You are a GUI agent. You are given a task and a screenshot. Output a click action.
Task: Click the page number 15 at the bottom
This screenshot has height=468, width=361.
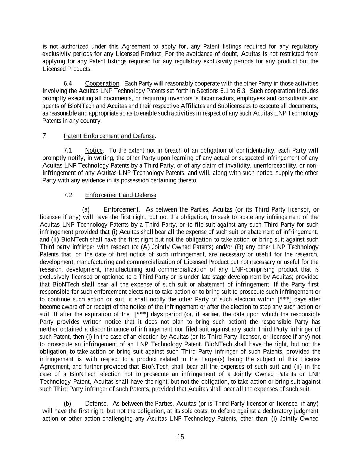click(180, 437)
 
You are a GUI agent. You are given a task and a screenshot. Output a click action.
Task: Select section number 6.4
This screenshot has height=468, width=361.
click(68, 84)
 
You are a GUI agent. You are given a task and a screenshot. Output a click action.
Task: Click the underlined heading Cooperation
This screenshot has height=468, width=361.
click(102, 84)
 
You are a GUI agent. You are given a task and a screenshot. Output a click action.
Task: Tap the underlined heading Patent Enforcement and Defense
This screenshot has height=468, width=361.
click(109, 136)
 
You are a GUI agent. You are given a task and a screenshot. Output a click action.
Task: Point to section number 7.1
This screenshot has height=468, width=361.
click(68, 151)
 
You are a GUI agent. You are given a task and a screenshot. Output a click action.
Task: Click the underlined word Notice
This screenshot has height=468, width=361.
click(93, 151)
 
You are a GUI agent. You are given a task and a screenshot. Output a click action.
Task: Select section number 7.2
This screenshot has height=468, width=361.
click(68, 195)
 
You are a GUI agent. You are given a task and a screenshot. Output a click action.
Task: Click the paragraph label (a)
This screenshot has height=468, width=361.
click(86, 209)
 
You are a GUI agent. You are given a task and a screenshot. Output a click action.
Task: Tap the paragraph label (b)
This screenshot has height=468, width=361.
click(68, 404)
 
